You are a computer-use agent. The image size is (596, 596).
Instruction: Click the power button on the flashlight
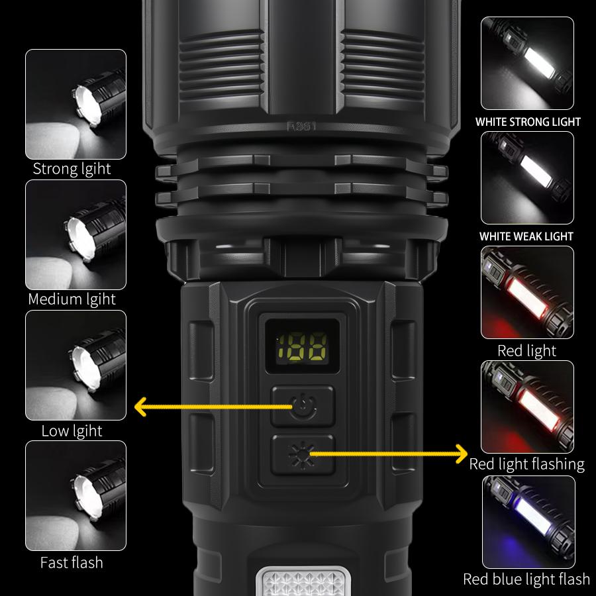303,405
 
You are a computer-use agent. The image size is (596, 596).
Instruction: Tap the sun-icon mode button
303,454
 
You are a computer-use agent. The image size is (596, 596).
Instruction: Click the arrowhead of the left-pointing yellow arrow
140,406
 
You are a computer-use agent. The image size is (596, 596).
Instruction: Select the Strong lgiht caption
72,169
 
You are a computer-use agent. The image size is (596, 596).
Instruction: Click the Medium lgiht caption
72,299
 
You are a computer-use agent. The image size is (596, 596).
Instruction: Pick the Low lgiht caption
72,430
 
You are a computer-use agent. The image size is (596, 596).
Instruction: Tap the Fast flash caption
72,562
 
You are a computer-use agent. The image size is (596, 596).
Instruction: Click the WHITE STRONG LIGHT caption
528,122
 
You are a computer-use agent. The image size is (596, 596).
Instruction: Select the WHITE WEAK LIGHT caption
527,236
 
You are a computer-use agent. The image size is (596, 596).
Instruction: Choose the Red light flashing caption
527,464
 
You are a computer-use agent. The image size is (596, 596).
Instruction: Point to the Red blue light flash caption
526,579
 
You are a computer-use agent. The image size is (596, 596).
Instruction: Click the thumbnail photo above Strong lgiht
75,103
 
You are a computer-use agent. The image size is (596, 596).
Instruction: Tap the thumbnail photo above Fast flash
75,495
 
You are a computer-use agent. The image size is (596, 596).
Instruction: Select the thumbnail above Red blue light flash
528,521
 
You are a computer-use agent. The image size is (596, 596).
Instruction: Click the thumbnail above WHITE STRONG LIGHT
528,64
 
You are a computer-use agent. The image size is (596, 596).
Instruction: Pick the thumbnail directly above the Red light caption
528,292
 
